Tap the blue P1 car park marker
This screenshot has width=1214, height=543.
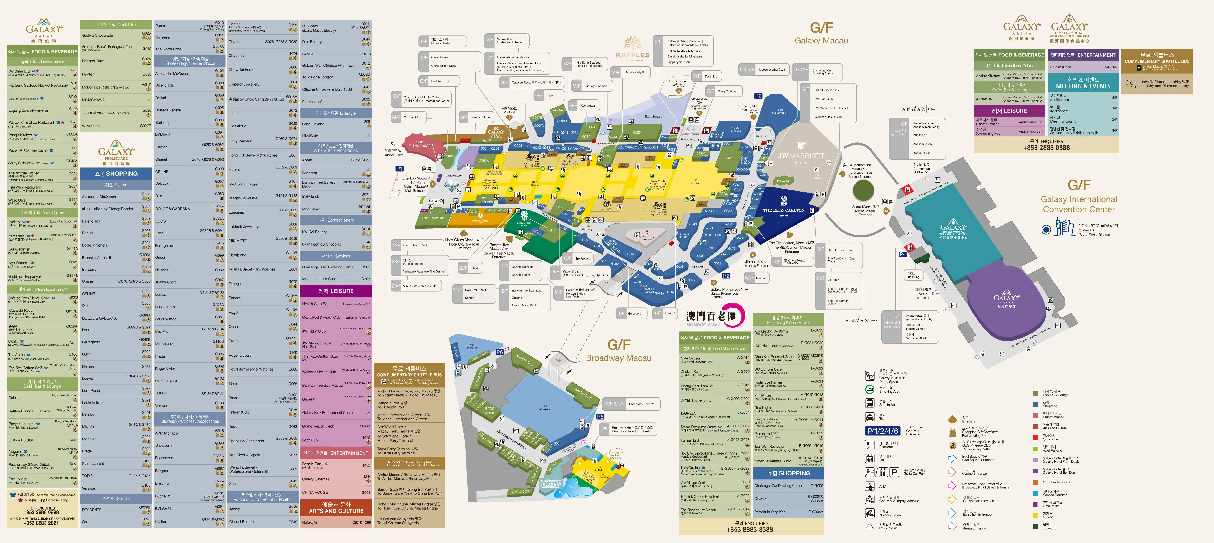point(399,168)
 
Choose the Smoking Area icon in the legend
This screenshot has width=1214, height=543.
point(869,389)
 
